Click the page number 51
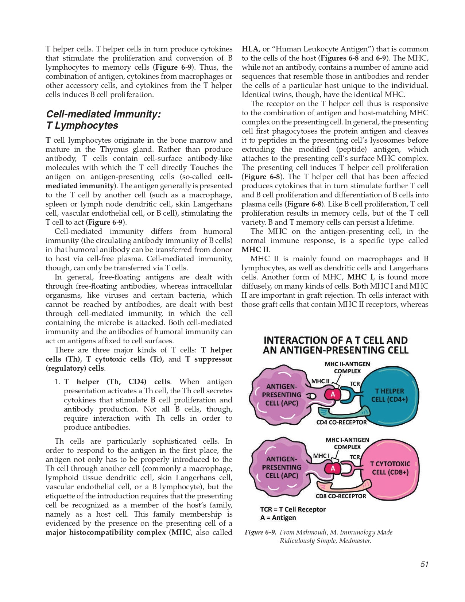pyautogui.click(x=424, y=564)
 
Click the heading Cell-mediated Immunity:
pyautogui.click(x=103, y=114)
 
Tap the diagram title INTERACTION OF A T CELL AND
pyautogui.click(x=335, y=340)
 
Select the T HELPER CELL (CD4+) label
pyautogui.click(x=389, y=395)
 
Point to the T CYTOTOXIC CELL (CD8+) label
pyautogui.click(x=390, y=468)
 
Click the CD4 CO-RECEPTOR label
pyautogui.click(x=341, y=422)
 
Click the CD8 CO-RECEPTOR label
pyautogui.click(x=341, y=496)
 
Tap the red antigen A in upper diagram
pyautogui.click(x=333, y=394)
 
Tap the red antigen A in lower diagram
pyautogui.click(x=333, y=468)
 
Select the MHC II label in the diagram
pyautogui.click(x=320, y=381)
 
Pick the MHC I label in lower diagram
pyautogui.click(x=321, y=456)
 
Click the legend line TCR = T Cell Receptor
pyautogui.click(x=293, y=509)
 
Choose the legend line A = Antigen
pyautogui.click(x=278, y=518)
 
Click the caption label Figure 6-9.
pyautogui.click(x=260, y=532)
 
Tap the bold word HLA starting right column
pyautogui.click(x=250, y=49)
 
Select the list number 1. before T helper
pyautogui.click(x=57, y=382)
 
